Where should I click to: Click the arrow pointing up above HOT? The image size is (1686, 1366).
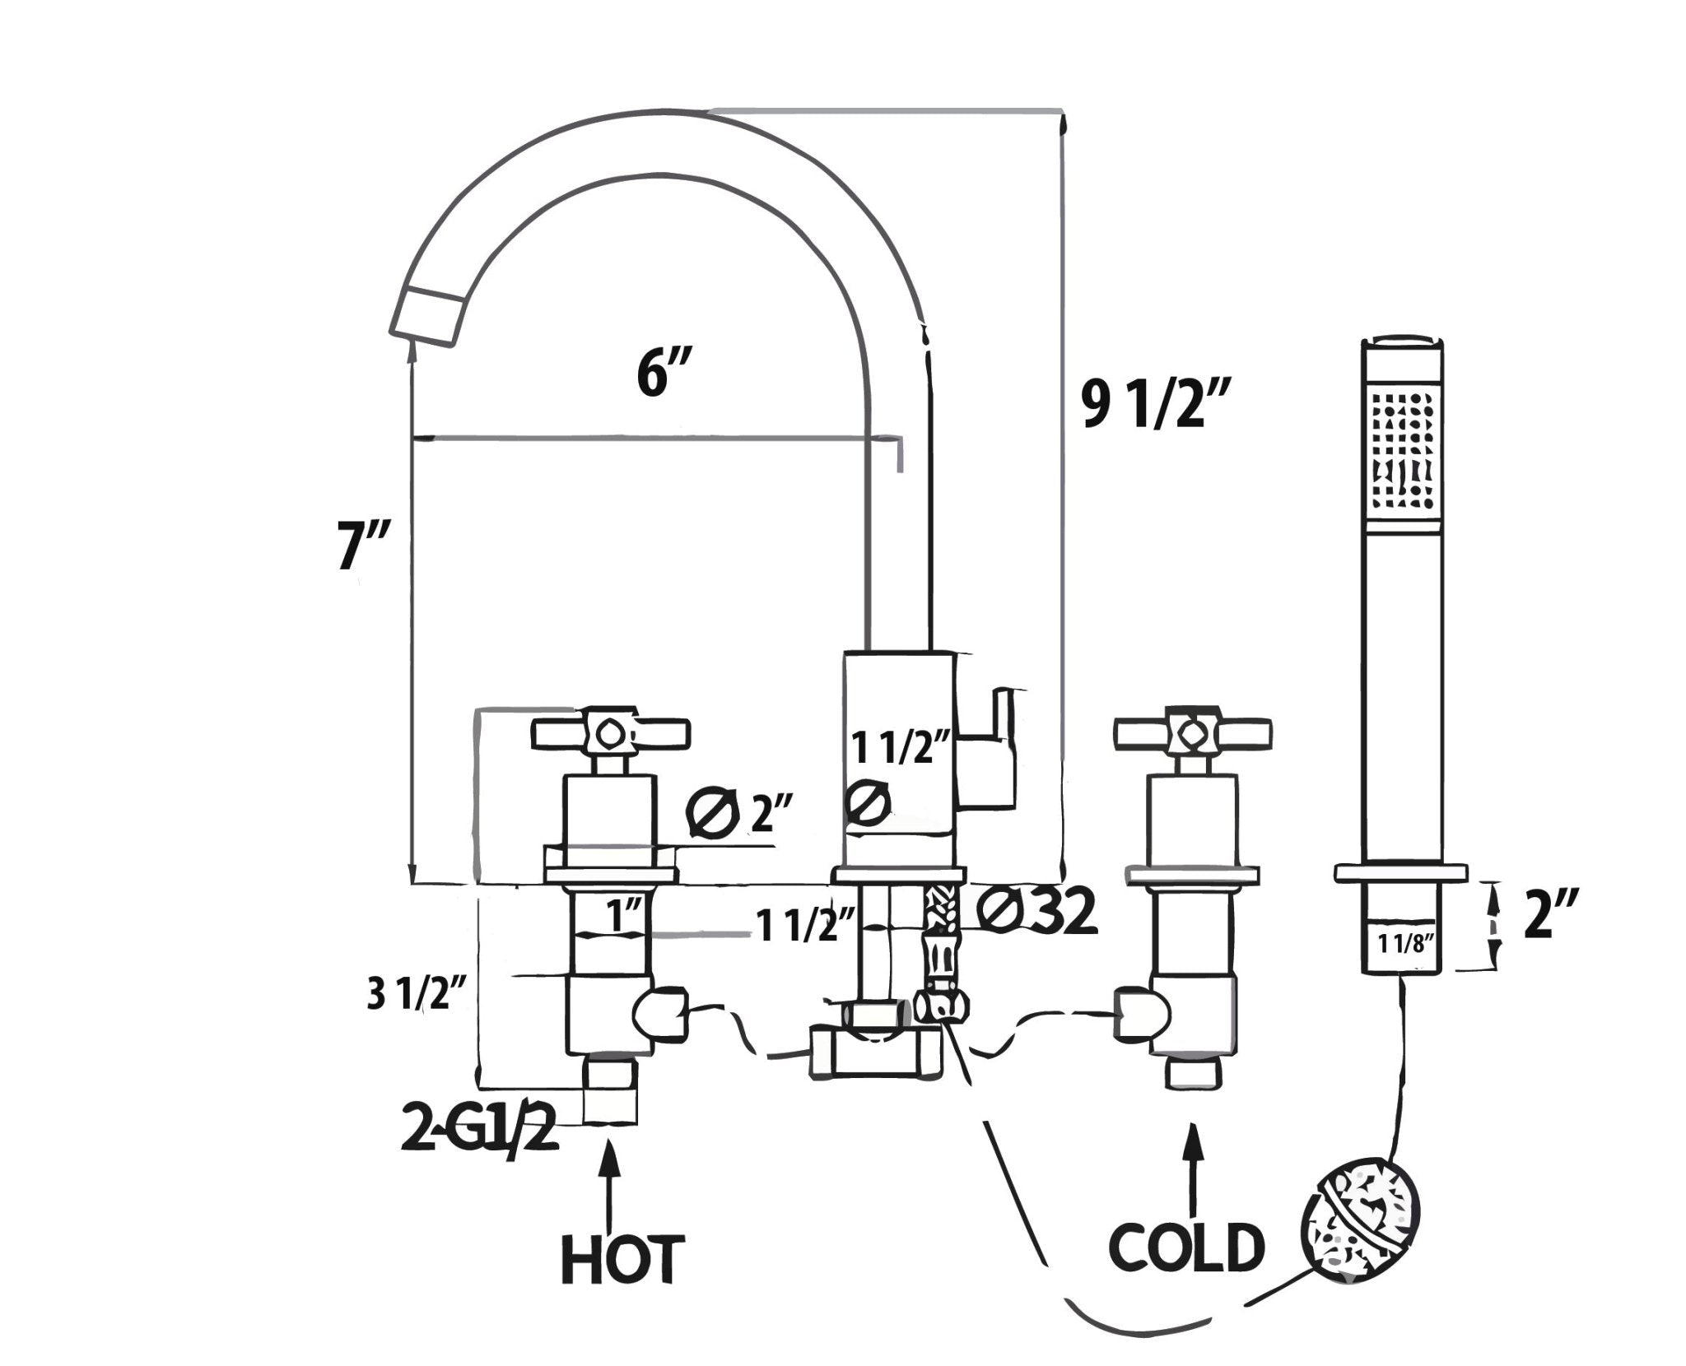coord(610,1184)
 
